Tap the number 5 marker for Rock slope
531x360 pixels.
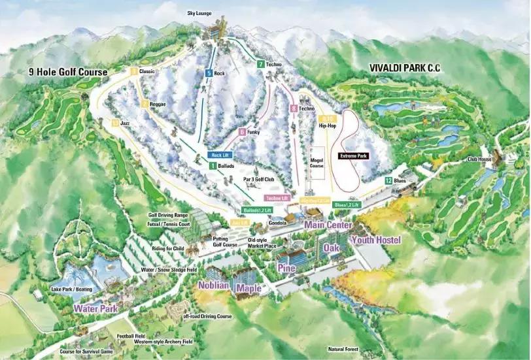tap(209, 73)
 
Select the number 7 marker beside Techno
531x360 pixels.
tap(260, 64)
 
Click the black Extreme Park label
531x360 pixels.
tap(354, 156)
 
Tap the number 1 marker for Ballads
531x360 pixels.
tap(213, 167)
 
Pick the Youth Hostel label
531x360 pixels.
tap(376, 240)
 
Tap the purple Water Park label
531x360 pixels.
tap(95, 308)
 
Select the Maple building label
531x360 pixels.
tap(248, 287)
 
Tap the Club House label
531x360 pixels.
tap(479, 158)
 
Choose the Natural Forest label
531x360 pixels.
tap(344, 349)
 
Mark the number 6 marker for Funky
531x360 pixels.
tap(242, 132)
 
